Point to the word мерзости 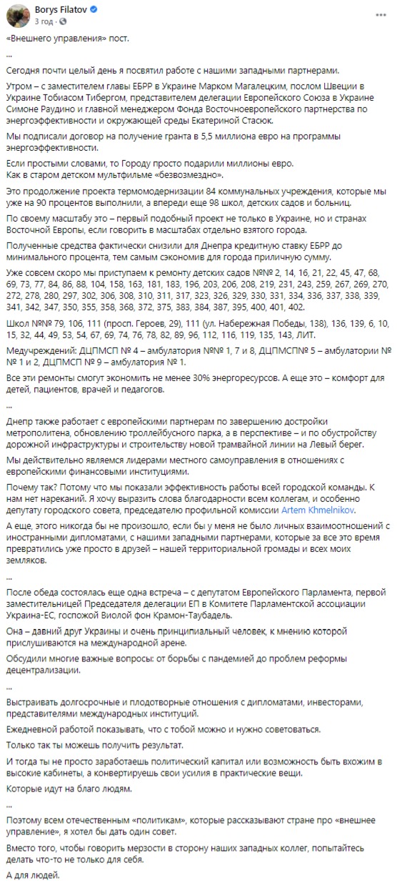(x=129, y=840)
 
